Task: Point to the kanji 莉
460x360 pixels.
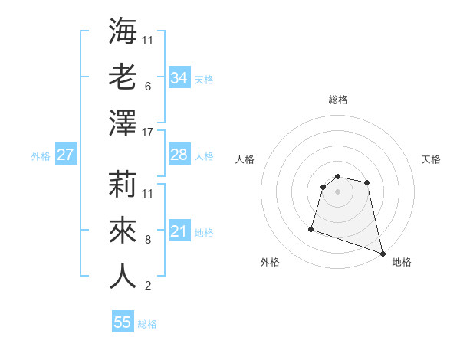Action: pyautogui.click(x=123, y=183)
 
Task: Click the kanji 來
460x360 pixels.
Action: pyautogui.click(x=123, y=229)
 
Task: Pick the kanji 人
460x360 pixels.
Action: pyautogui.click(x=123, y=275)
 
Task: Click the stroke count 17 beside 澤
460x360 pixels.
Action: pyautogui.click(x=148, y=133)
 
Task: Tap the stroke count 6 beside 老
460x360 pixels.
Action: pyautogui.click(x=148, y=87)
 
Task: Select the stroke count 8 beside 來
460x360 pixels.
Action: pyautogui.click(x=148, y=240)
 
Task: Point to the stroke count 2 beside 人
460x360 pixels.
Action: pyautogui.click(x=148, y=286)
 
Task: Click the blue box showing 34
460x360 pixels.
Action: pyautogui.click(x=179, y=78)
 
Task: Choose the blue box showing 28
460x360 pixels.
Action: pyautogui.click(x=179, y=155)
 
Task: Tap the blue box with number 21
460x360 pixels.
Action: pyautogui.click(x=179, y=231)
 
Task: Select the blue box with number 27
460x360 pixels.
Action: pyautogui.click(x=65, y=155)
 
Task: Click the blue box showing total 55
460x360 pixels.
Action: pyautogui.click(x=123, y=322)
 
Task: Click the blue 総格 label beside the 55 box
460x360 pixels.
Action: pyautogui.click(x=147, y=324)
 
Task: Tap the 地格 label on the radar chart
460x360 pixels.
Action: pyautogui.click(x=402, y=262)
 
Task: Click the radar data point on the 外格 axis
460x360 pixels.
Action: pyautogui.click(x=311, y=228)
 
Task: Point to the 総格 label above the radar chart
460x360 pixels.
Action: pyautogui.click(x=337, y=100)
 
